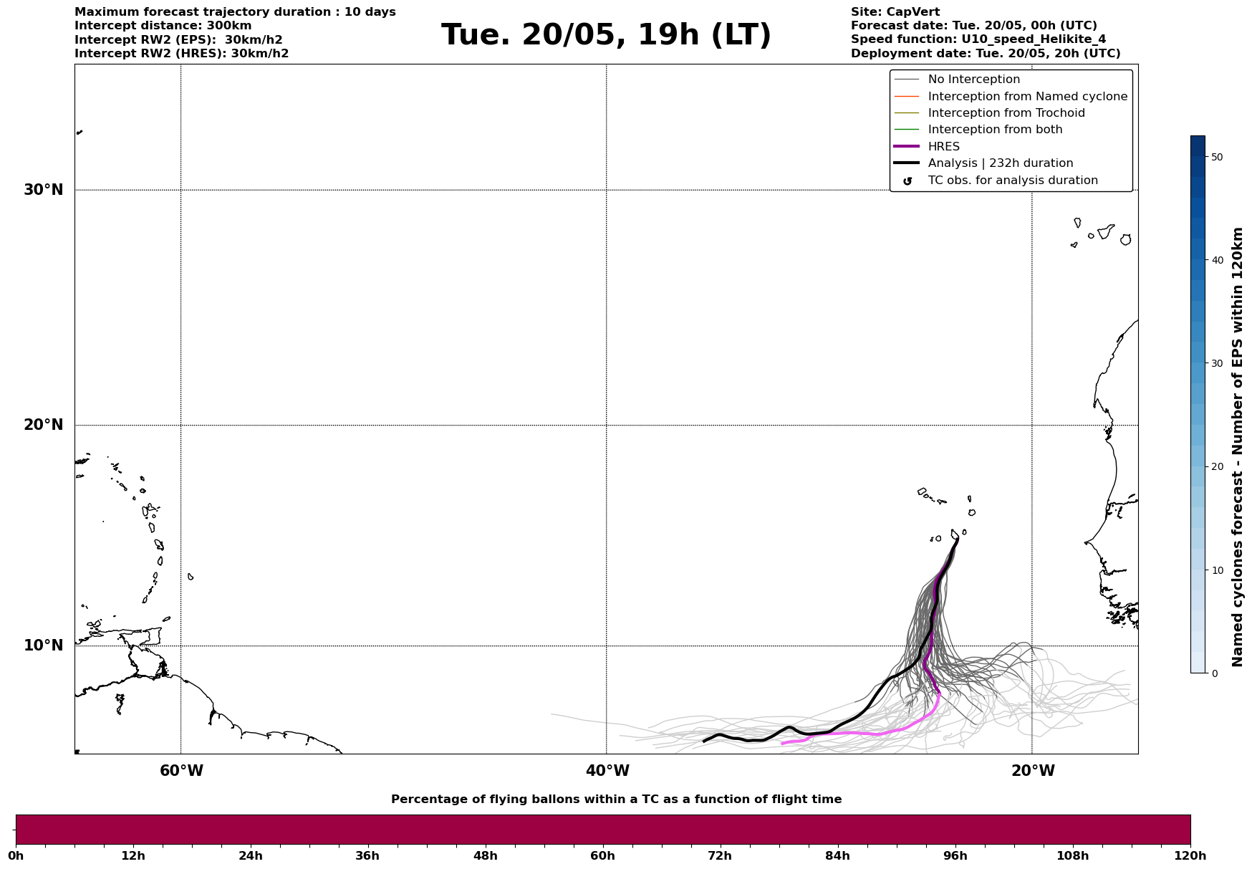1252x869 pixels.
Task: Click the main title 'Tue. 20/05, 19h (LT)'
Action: (606, 35)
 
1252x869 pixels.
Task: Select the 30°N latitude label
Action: (44, 190)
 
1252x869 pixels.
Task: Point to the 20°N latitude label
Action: (44, 425)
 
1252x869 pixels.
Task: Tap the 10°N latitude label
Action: (44, 645)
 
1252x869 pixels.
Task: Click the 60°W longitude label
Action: (181, 771)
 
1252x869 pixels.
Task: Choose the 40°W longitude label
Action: (607, 771)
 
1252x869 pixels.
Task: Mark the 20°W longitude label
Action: (1033, 771)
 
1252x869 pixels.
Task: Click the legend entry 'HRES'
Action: (943, 147)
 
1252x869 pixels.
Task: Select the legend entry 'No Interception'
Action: (973, 80)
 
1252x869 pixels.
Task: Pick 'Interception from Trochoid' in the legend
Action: (1006, 113)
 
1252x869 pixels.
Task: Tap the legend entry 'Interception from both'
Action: (995, 130)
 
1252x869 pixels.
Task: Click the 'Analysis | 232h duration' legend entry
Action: (1000, 163)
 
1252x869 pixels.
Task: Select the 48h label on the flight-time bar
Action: (485, 855)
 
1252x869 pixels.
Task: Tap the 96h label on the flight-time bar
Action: (955, 855)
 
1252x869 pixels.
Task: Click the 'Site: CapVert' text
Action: (895, 12)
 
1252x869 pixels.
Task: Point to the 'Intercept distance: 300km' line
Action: (163, 26)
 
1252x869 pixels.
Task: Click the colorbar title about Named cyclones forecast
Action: (1237, 447)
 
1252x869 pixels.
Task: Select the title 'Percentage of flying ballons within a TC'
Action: (616, 800)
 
